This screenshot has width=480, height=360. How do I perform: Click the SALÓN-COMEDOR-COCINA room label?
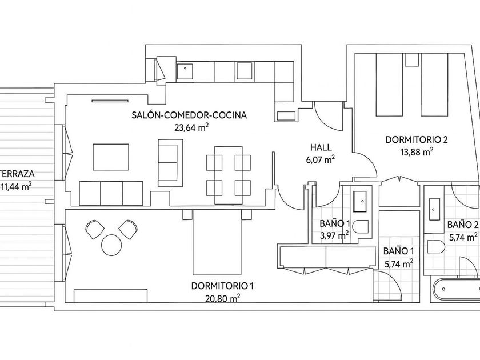[x=189, y=115]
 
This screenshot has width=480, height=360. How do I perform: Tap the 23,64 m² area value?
[x=191, y=127]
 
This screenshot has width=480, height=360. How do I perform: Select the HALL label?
[x=321, y=147]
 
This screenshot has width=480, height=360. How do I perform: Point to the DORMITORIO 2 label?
[x=417, y=140]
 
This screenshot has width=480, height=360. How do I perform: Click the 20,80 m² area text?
[x=222, y=298]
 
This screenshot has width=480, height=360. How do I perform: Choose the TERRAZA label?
[x=17, y=174]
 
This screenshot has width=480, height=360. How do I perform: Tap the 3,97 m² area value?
[x=334, y=235]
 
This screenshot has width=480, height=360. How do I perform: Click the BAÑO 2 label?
[x=462, y=225]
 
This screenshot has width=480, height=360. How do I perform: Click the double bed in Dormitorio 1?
[x=217, y=242]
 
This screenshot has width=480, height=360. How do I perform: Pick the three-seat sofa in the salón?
[x=111, y=193]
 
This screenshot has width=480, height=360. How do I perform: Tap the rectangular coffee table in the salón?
[x=111, y=157]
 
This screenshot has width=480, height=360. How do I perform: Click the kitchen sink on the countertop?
[x=185, y=71]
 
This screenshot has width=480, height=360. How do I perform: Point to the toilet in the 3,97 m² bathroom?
[x=361, y=227]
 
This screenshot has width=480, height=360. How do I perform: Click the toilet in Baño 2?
[x=436, y=247]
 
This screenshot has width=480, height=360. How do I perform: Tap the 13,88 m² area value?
[x=417, y=152]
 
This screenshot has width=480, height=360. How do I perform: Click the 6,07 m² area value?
[x=321, y=159]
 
